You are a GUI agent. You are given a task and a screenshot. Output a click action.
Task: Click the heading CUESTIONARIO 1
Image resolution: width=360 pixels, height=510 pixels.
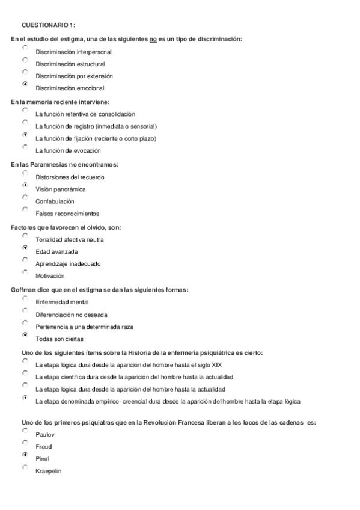[x=48, y=25]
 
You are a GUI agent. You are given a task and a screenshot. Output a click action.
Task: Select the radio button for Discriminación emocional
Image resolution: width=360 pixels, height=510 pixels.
[x=25, y=84]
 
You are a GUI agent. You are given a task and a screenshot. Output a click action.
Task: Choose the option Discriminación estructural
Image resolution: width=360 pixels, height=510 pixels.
[x=70, y=64]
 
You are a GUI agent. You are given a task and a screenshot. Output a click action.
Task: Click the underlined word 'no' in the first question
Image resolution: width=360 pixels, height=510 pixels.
[x=153, y=39]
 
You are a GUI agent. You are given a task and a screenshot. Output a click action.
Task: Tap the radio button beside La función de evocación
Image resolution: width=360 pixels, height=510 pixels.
[x=25, y=147]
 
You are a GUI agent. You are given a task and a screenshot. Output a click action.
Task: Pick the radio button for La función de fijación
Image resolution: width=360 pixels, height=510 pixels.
[x=25, y=135]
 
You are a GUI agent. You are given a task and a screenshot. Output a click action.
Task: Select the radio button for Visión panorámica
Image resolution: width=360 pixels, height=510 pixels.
[x=25, y=185]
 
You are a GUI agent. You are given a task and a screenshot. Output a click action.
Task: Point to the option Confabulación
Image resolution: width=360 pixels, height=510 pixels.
[x=55, y=201]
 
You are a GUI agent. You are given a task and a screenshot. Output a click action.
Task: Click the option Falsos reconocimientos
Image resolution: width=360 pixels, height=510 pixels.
[x=67, y=214]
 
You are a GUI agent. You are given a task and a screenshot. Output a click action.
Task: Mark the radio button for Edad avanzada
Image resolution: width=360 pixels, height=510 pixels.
[x=25, y=248]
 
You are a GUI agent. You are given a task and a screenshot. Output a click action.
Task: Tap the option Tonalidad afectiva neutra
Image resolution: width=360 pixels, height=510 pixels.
[x=70, y=239]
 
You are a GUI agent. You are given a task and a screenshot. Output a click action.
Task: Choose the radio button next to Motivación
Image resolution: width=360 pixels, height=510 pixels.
[x=25, y=272]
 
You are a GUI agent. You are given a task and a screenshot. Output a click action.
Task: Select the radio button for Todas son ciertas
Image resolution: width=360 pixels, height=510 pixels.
[x=25, y=335]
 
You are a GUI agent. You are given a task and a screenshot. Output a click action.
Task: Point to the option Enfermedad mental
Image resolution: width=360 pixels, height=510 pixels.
[x=63, y=302]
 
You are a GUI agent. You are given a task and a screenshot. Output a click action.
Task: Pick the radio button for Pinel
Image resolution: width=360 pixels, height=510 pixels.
[x=25, y=455]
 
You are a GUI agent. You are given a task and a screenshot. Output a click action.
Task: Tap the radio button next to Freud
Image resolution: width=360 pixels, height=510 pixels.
[x=25, y=443]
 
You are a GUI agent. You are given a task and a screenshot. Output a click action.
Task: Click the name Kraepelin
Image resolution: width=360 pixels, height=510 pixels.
[x=49, y=470]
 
